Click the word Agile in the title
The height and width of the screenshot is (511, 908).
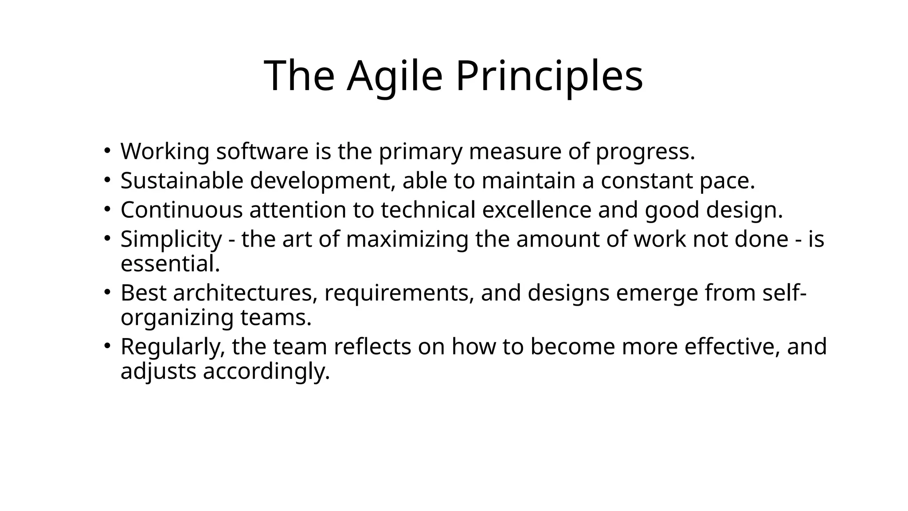click(395, 76)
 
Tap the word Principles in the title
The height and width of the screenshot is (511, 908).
click(549, 76)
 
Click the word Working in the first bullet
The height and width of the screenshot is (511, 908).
click(165, 152)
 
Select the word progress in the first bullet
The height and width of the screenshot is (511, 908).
click(645, 152)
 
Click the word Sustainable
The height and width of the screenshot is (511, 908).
click(182, 181)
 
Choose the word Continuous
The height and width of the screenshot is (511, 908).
click(181, 210)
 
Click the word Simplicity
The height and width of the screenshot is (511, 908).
click(171, 239)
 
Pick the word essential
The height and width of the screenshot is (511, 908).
click(170, 264)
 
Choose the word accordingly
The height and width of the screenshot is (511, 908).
click(266, 372)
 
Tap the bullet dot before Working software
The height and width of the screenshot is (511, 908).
click(106, 151)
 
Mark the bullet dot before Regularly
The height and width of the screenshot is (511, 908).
click(106, 346)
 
